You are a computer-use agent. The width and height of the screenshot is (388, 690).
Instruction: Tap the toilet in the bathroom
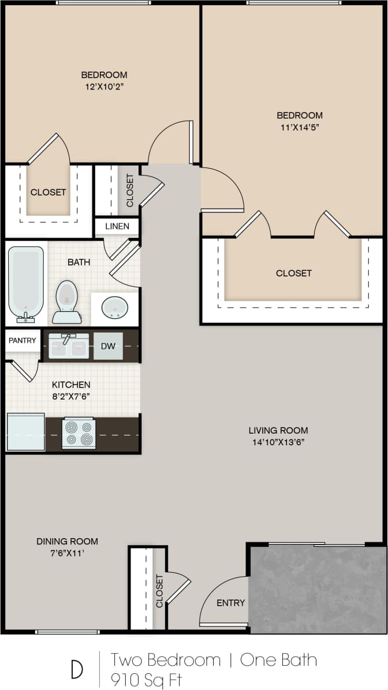coord(67,301)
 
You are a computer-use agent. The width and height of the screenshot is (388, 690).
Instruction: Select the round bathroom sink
coord(115,308)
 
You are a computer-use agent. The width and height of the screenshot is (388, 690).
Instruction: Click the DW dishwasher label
coord(108,346)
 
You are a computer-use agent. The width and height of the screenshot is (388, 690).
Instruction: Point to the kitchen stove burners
coord(79,433)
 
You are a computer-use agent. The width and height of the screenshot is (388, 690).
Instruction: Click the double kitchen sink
coord(69,346)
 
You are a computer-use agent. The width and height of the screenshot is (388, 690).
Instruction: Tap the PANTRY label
coord(23,341)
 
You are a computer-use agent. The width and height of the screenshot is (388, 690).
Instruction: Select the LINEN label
coord(117,226)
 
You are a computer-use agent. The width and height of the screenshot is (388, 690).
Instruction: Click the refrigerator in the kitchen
coord(25,432)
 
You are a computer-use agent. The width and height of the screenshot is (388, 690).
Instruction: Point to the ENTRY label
coord(231,603)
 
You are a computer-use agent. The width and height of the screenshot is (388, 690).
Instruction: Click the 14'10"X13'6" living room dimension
coord(278,443)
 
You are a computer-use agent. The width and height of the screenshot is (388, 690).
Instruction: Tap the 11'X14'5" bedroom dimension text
coord(299,128)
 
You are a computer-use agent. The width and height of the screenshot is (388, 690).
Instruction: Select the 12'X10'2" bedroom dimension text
coord(104,87)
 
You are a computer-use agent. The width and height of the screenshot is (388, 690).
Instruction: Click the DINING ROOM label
coord(67,542)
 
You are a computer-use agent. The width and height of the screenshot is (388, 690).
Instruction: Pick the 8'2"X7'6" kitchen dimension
coord(71,397)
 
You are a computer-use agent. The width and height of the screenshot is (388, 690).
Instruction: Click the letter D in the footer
coord(77,669)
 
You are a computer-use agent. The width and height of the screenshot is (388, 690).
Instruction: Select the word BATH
coord(79,262)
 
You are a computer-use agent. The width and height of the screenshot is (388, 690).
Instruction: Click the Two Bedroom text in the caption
coord(166,660)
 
